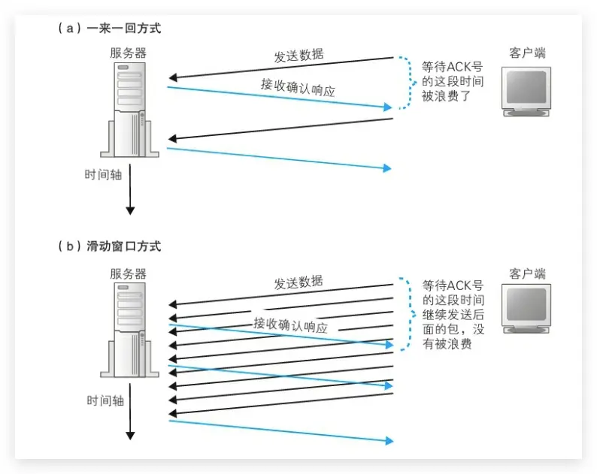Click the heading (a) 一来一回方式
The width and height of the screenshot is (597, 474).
click(109, 29)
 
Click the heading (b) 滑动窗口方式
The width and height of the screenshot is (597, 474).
click(109, 246)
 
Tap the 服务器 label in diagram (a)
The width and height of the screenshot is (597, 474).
click(128, 53)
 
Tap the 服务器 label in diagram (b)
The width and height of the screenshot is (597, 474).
click(128, 273)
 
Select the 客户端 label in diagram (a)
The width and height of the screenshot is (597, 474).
click(527, 53)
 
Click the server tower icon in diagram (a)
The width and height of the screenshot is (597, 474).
click(130, 109)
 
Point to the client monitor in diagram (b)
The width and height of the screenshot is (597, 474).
click(527, 310)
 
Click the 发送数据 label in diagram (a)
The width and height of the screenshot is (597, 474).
click(298, 56)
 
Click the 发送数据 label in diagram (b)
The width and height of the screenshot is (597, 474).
click(298, 283)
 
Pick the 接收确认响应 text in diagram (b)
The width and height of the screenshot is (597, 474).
click(290, 324)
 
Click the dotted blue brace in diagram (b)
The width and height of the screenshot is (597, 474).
click(408, 315)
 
